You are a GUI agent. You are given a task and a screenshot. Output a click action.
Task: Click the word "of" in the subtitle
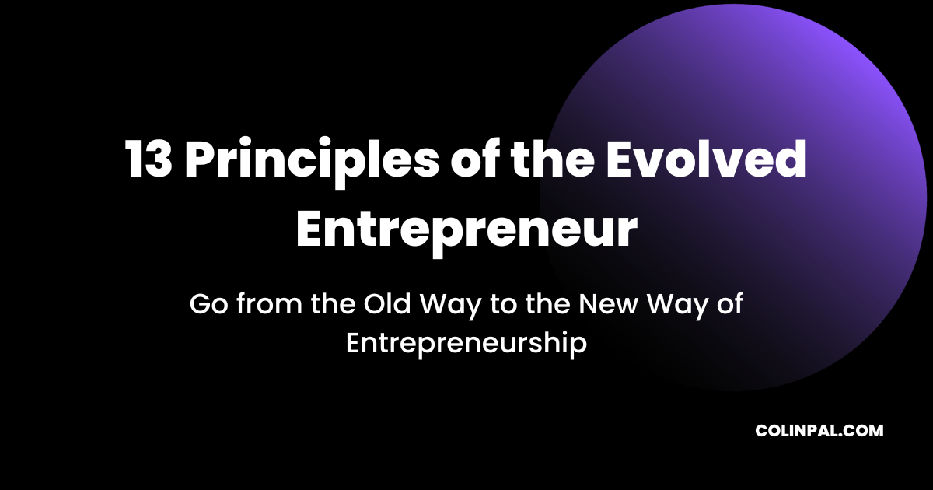(729, 304)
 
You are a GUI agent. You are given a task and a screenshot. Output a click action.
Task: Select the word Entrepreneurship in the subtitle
(466, 344)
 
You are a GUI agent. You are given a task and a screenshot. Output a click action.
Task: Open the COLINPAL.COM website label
(819, 431)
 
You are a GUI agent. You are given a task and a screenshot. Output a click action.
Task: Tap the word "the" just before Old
(332, 304)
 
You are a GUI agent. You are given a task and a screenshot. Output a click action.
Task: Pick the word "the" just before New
(547, 304)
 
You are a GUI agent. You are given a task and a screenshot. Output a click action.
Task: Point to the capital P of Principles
(200, 162)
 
